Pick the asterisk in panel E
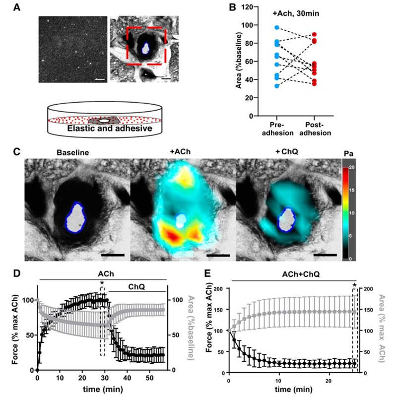[354, 285]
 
